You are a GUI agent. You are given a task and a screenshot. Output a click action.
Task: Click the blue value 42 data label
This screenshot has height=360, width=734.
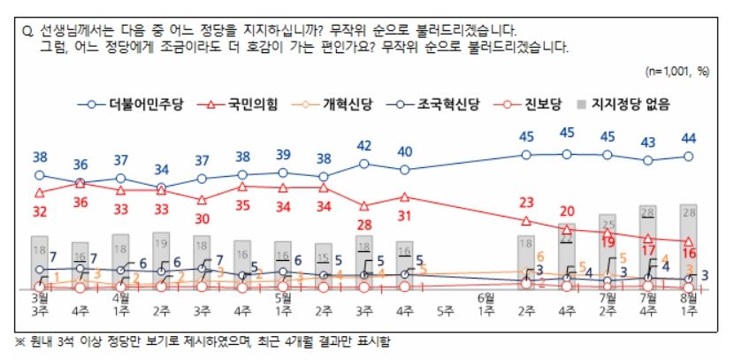(x=363, y=145)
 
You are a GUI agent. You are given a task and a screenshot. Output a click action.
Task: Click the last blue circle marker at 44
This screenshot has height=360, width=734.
(x=688, y=157)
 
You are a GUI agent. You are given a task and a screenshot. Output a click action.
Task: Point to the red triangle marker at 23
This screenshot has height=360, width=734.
(x=526, y=220)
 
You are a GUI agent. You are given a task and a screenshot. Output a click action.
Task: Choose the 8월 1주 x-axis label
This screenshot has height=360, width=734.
(x=687, y=304)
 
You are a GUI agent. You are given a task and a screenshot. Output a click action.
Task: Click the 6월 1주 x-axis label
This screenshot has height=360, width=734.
(x=486, y=304)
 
